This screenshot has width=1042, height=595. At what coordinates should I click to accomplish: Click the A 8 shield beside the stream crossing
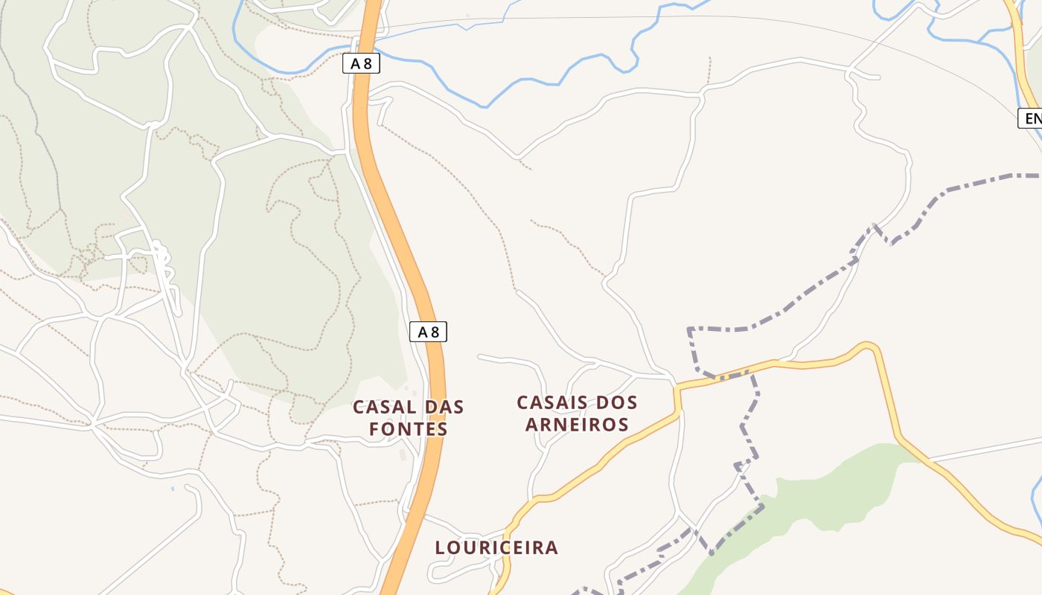361,64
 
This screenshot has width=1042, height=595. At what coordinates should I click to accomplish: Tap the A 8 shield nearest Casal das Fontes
428,332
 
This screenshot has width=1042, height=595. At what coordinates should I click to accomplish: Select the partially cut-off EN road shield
1031,118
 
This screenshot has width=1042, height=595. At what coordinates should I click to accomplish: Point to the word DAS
444,408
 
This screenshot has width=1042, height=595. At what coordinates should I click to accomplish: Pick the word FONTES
409,430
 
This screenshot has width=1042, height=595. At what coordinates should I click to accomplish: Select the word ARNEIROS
577,425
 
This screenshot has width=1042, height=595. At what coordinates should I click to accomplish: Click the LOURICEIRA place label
496,548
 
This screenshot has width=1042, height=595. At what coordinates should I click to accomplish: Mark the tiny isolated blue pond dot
173,489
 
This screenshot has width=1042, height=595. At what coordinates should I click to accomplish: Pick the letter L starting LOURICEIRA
440,548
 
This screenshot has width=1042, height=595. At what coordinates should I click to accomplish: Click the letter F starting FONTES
374,430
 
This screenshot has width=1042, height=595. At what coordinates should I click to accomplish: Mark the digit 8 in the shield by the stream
367,64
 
